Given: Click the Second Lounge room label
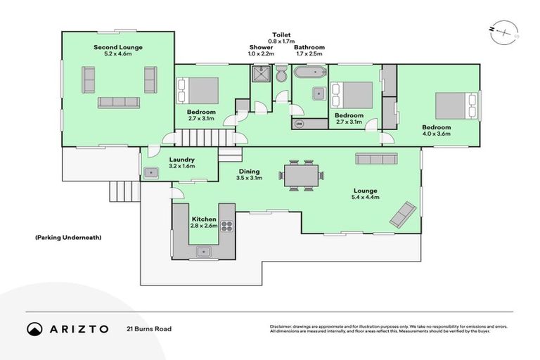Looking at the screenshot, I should click(118, 48).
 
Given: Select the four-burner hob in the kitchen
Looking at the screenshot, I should click(227, 226).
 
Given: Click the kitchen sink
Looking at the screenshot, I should click(205, 250).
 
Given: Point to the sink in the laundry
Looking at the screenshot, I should click(150, 172).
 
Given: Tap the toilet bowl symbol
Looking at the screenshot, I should click(281, 73).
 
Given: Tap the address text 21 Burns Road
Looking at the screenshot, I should click(149, 329).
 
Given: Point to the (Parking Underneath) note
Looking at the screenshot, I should click(68, 238).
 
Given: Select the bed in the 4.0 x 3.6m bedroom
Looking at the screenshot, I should click(454, 105).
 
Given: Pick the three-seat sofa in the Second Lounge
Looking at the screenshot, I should click(118, 102).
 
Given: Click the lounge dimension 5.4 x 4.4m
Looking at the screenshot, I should click(366, 198).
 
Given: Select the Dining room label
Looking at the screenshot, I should click(249, 171).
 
